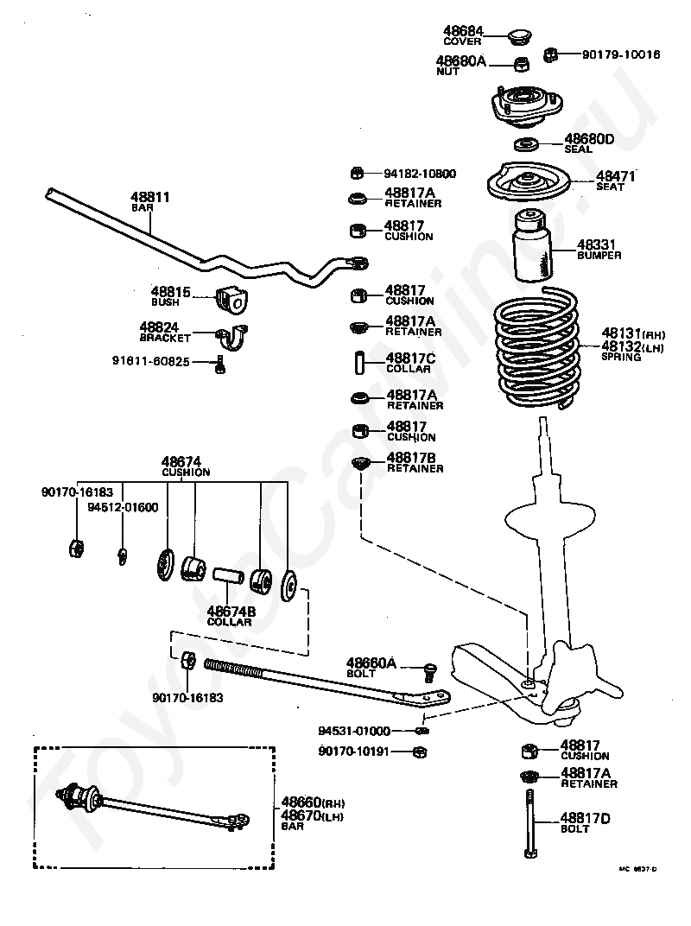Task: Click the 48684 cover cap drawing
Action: tap(518, 36)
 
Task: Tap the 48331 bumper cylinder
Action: tap(532, 246)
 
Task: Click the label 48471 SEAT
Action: tap(615, 181)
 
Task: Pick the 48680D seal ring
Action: tap(527, 143)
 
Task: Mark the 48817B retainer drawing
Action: tap(361, 464)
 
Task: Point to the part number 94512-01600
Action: tap(123, 507)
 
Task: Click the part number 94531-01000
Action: tap(354, 730)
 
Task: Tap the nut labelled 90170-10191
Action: tap(419, 752)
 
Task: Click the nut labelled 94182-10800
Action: tap(358, 173)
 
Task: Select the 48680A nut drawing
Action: tap(521, 64)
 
